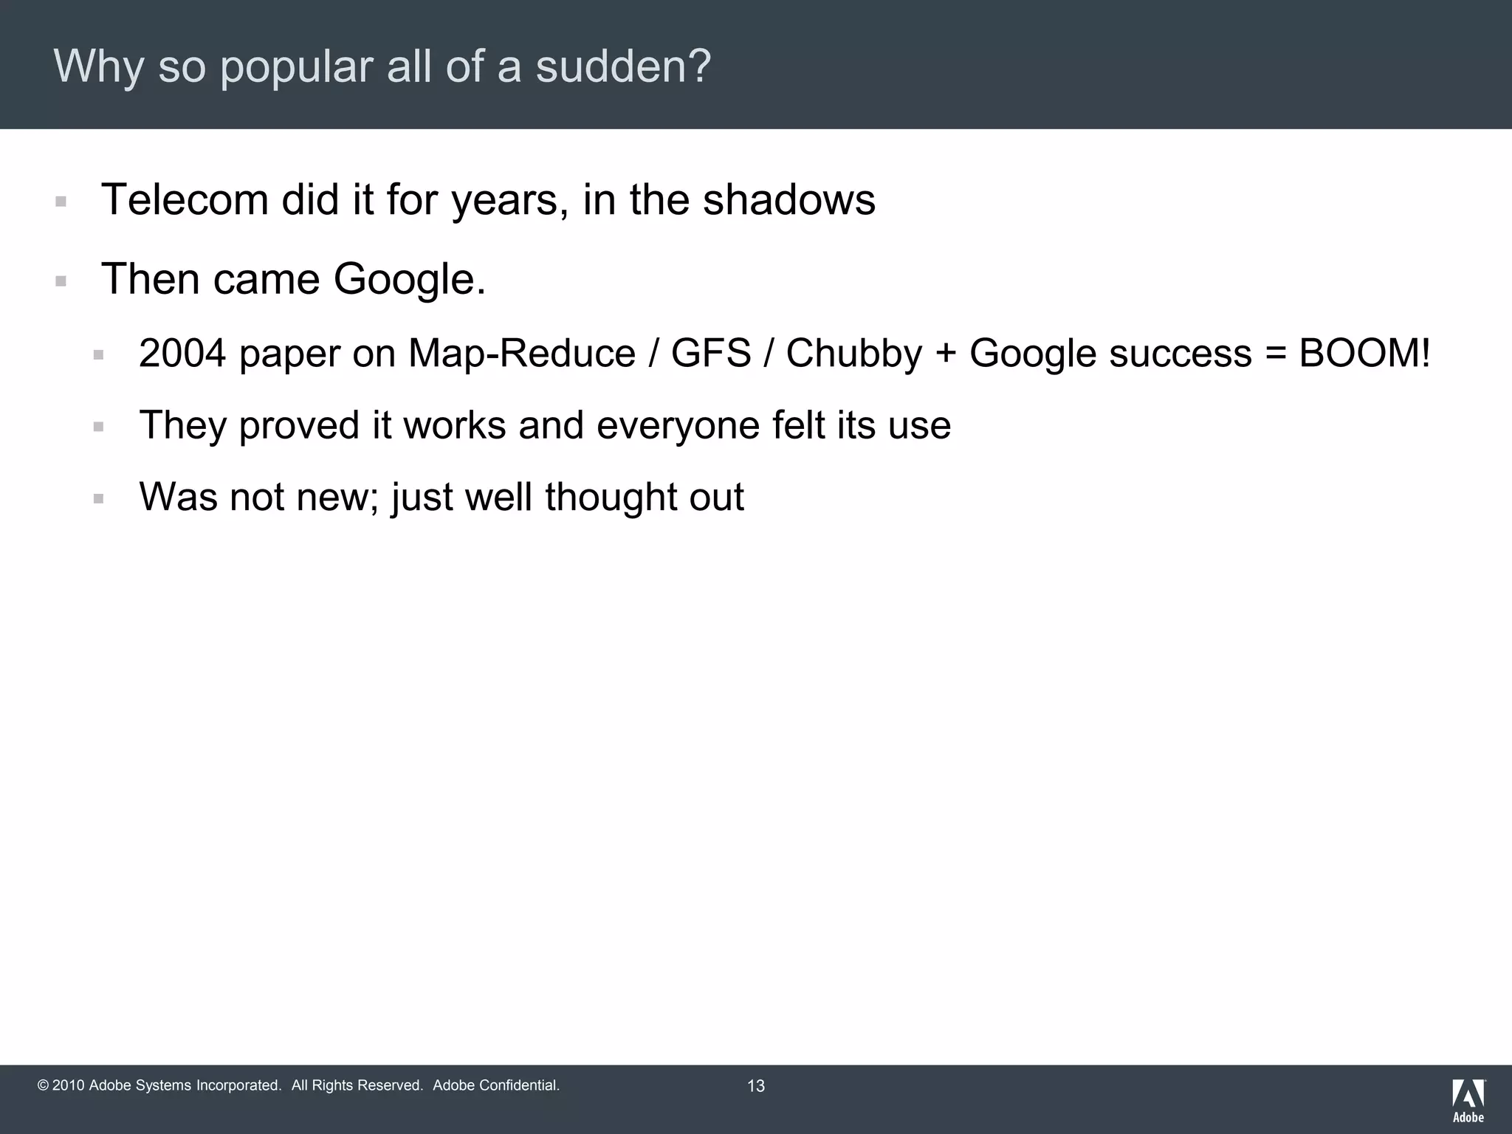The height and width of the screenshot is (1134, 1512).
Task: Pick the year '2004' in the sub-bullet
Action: [x=182, y=353]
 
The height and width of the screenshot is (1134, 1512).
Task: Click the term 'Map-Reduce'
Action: [x=521, y=353]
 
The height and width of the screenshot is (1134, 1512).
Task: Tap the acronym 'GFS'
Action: [x=710, y=353]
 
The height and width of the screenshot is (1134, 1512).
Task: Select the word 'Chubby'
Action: [x=853, y=353]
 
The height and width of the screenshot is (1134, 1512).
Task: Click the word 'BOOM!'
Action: [x=1364, y=353]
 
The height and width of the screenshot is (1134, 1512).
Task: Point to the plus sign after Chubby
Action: [x=946, y=354]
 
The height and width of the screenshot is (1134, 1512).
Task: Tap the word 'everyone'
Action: [x=678, y=425]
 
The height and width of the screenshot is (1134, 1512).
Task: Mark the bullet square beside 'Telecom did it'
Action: [x=61, y=201]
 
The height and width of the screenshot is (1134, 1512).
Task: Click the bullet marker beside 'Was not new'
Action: [x=99, y=498]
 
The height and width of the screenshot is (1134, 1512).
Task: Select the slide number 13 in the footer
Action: [x=756, y=1086]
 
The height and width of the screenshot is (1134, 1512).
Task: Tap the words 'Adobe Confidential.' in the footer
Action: [x=496, y=1085]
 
